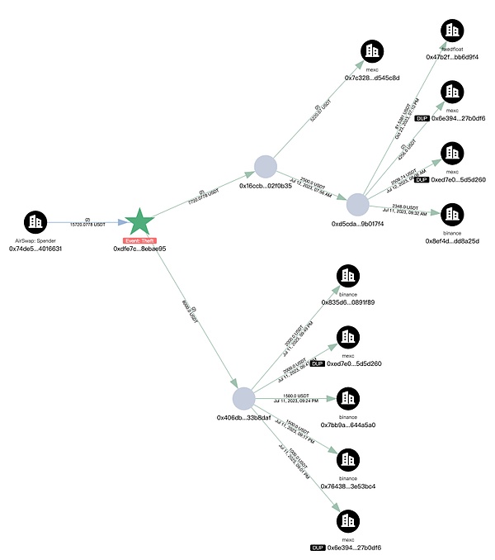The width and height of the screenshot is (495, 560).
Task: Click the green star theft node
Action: [139, 221]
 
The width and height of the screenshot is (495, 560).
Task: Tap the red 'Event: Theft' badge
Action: [139, 240]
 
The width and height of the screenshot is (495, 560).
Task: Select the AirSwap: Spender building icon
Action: [35, 221]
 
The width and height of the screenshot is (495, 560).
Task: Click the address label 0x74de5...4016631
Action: [35, 248]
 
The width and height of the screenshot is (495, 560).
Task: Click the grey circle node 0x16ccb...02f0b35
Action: [265, 166]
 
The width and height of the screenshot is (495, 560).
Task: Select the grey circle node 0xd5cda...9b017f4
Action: [357, 205]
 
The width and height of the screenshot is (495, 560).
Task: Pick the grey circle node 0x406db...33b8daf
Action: [243, 399]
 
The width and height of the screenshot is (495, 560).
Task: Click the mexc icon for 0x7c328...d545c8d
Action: [372, 51]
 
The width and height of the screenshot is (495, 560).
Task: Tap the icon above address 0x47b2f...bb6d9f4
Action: [452, 31]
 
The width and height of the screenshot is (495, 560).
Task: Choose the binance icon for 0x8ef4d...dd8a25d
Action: [451, 213]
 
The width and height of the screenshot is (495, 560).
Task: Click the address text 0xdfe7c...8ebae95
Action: [139, 249]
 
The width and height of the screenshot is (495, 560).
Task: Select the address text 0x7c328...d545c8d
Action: [372, 78]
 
